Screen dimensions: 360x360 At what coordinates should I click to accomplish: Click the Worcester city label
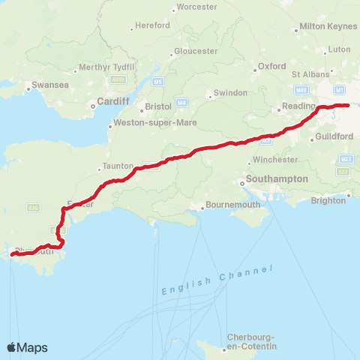pos(196,8)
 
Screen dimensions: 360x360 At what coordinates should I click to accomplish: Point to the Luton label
pos(340,49)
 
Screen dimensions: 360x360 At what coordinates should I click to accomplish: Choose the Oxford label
pos(272,66)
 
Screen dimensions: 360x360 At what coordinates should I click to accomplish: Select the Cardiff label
pos(112,102)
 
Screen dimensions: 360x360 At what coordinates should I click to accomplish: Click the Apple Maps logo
pos(28,347)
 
